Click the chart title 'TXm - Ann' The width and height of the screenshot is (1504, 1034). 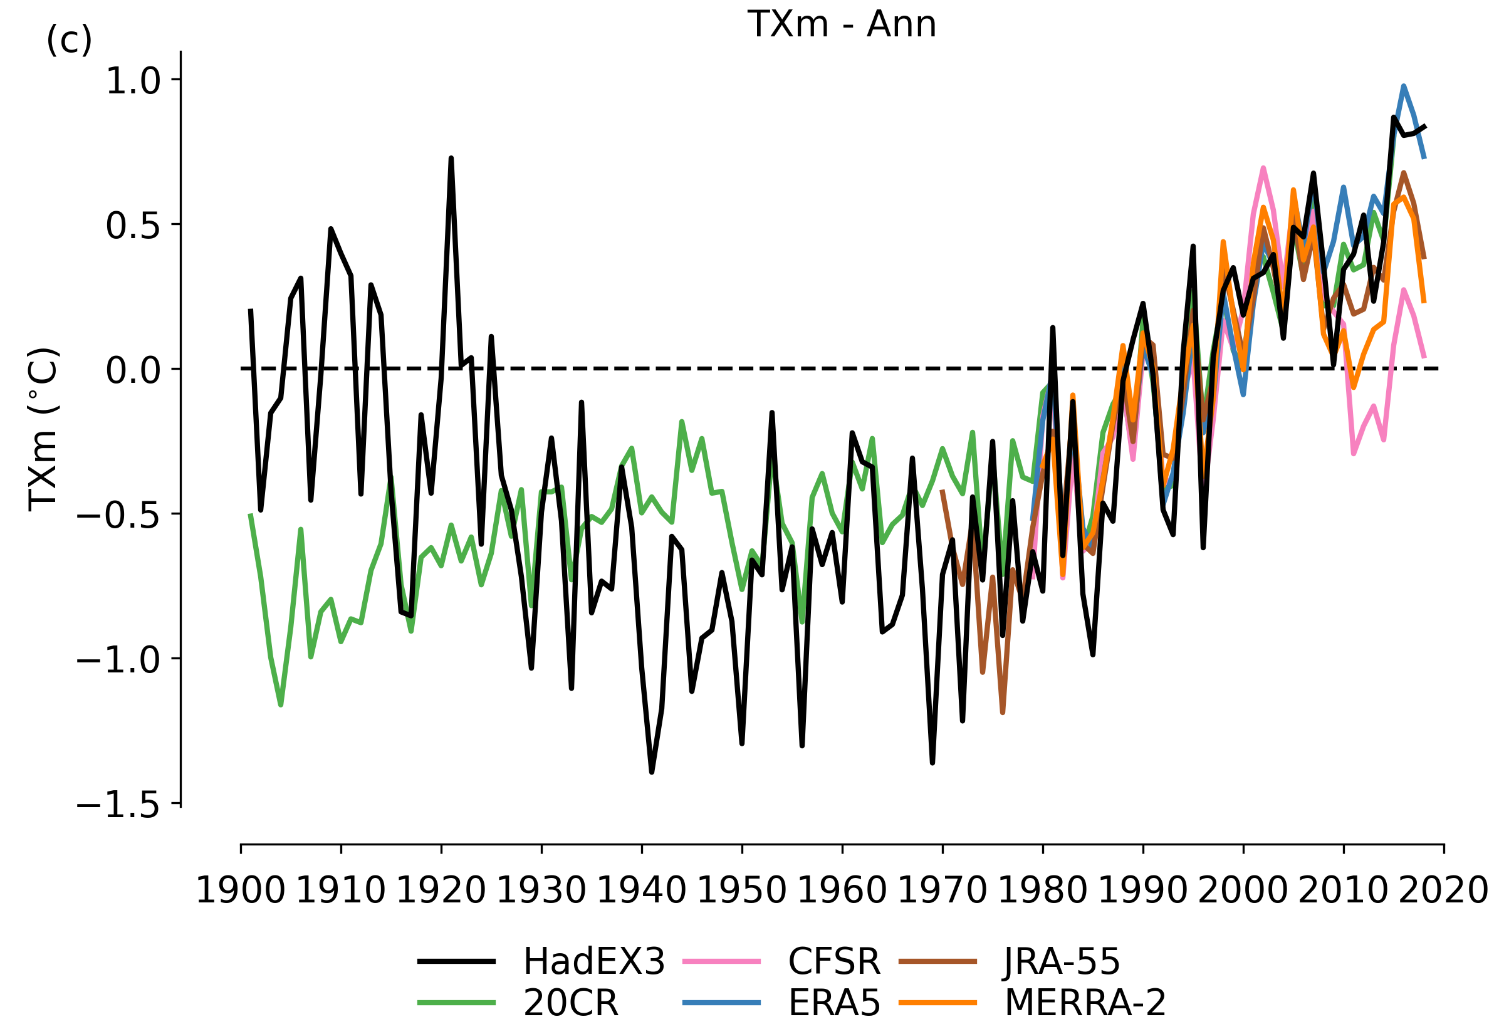click(842, 25)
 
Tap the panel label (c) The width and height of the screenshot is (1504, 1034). click(69, 41)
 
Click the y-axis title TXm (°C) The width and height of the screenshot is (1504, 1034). click(44, 429)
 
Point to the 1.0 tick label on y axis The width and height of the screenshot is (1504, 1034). click(133, 81)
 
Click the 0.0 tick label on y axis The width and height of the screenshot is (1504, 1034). click(133, 371)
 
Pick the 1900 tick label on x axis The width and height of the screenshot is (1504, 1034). click(240, 891)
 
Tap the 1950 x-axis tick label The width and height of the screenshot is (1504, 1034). click(741, 891)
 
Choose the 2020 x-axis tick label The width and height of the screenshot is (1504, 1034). click(1443, 891)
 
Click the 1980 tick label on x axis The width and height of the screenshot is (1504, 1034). click(1043, 891)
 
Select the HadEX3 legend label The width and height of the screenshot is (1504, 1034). click(594, 961)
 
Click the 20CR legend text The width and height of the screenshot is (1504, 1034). click(571, 1003)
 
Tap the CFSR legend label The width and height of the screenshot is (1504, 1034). click(834, 961)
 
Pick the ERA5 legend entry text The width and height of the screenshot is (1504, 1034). click(834, 1003)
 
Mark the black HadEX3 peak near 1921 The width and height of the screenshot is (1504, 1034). click(451, 159)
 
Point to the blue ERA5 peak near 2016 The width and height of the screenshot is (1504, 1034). click(1404, 86)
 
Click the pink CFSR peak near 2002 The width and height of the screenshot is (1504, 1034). click(1264, 169)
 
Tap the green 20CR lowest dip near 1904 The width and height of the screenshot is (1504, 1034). click(281, 705)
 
